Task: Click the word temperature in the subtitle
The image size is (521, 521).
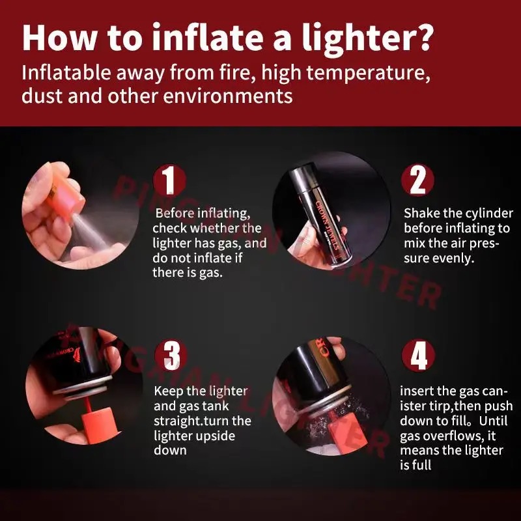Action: point(369,74)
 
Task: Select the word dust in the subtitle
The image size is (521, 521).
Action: point(42,96)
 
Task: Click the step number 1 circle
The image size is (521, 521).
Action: point(169,180)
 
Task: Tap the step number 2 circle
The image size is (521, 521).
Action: point(417,180)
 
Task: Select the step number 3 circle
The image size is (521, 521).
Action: point(171,355)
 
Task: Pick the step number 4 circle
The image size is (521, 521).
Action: point(418,355)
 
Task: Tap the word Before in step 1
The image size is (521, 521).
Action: point(175,214)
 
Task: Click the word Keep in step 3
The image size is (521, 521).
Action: point(168,392)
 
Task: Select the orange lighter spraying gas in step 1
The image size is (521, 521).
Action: point(66,199)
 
